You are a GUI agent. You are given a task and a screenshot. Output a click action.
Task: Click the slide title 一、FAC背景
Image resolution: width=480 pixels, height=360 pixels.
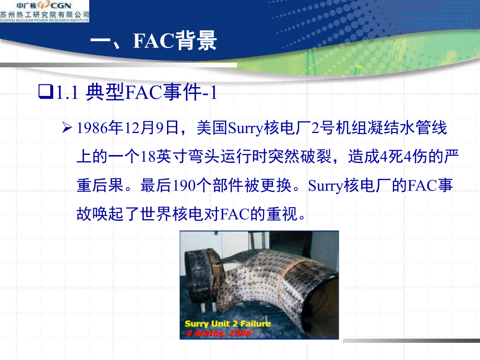pyautogui.click(x=153, y=41)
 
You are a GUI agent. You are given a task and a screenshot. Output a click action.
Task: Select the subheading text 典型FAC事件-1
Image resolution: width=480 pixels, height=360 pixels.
pyautogui.click(x=150, y=93)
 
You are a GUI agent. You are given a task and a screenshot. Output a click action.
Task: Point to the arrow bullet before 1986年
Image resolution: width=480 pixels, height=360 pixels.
pyautogui.click(x=66, y=128)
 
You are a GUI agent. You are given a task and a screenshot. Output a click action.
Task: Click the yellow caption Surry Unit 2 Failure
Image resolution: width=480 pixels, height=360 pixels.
pyautogui.click(x=228, y=323)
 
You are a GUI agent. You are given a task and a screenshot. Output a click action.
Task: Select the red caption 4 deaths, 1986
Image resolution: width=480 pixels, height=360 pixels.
pyautogui.click(x=218, y=332)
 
